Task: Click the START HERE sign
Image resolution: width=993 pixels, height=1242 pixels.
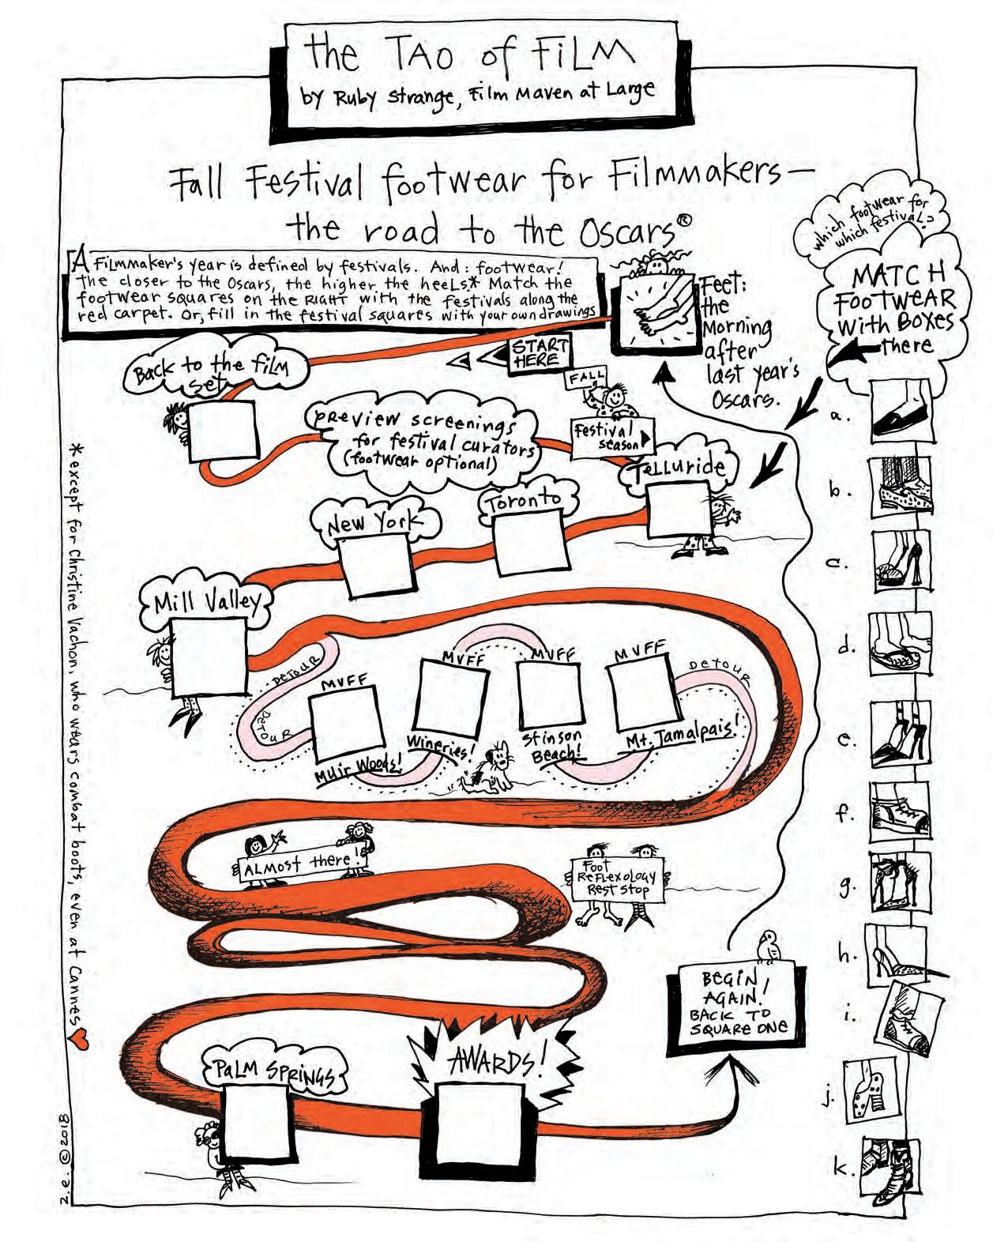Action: coord(540,352)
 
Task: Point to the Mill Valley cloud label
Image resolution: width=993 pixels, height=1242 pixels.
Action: coord(206,603)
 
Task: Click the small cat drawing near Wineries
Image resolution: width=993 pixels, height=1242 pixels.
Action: coord(497,769)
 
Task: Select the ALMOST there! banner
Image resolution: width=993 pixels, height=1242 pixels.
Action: coord(304,865)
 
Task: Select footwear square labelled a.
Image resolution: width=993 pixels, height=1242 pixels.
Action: coord(900,412)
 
